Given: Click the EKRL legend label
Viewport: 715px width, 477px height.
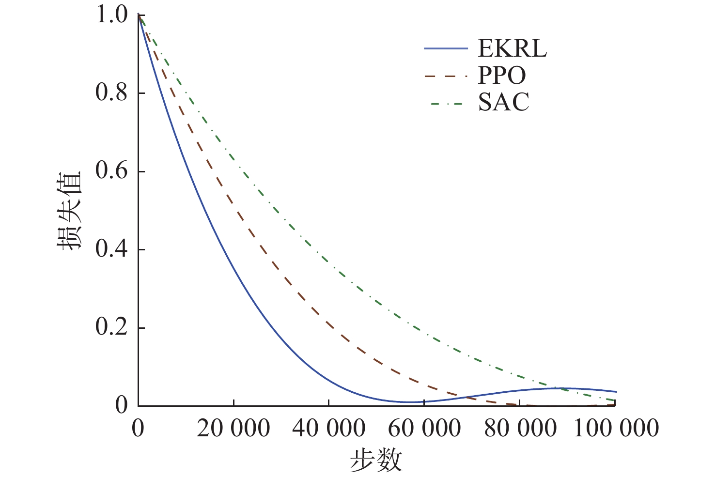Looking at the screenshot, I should pos(513,48).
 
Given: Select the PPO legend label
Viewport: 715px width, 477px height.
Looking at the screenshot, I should pos(502,76).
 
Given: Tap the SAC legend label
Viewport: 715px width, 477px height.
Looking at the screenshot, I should pos(504,103).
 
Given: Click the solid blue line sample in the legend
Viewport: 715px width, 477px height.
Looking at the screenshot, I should pos(446,48).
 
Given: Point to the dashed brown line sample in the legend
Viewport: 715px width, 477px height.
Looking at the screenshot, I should pos(446,76).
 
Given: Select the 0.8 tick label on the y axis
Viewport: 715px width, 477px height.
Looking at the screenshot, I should pos(111,93).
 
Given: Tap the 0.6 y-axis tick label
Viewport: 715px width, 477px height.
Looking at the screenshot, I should pos(111,171).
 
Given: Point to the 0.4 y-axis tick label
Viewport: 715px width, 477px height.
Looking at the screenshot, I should pos(111,249).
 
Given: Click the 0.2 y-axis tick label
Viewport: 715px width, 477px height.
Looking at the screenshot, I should pos(111,328).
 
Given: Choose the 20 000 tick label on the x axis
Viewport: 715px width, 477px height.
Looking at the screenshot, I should pos(233,429).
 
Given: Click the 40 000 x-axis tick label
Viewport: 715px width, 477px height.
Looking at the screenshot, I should pos(328,429).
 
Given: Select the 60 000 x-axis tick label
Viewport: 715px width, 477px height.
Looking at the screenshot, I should pos(424,429).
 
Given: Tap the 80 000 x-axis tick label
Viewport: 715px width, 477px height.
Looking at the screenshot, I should pos(520,429).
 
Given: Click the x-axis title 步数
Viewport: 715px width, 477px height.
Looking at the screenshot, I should pos(376,460).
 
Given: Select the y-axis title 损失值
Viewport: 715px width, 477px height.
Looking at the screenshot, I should pos(69,211).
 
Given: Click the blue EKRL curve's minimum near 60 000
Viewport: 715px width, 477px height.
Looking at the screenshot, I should pos(410,401).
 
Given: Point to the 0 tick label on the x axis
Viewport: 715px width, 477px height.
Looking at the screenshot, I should pos(138,429).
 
